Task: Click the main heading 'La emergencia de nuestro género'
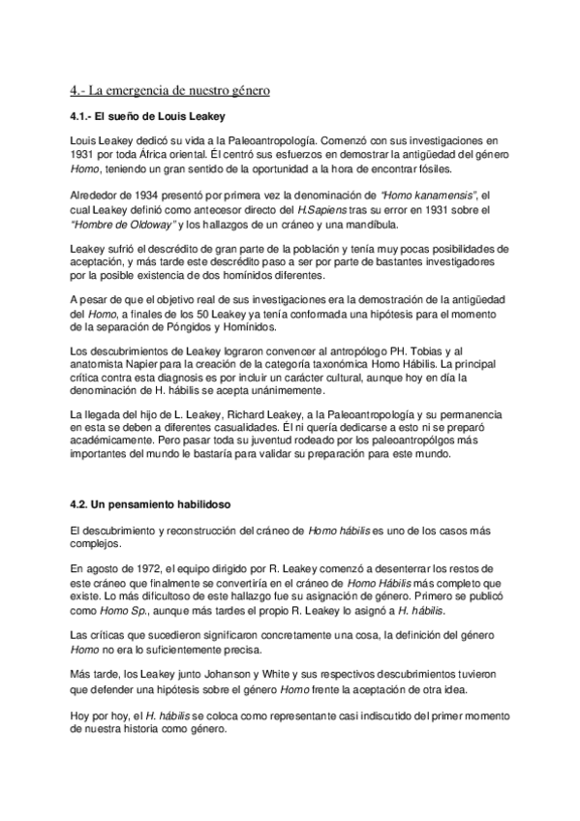[x=169, y=91]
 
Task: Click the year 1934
[x=133, y=196]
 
